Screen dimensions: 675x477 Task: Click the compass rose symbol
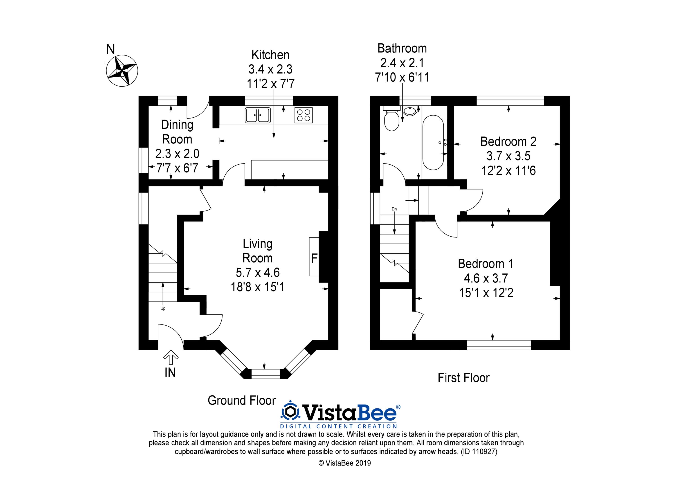122,71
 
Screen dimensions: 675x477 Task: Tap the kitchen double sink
258,115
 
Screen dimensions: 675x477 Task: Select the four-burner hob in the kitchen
303,115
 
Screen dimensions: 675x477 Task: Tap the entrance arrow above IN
171,358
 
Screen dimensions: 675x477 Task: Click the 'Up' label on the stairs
163,309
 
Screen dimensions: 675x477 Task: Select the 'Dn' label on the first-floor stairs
394,209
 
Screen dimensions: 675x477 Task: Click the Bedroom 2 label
508,142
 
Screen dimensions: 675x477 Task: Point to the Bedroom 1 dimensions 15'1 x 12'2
486,293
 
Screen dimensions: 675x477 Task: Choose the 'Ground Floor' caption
242,400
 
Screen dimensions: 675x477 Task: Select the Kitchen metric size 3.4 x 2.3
270,69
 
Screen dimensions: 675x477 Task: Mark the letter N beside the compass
110,49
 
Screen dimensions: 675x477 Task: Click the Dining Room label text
177,132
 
